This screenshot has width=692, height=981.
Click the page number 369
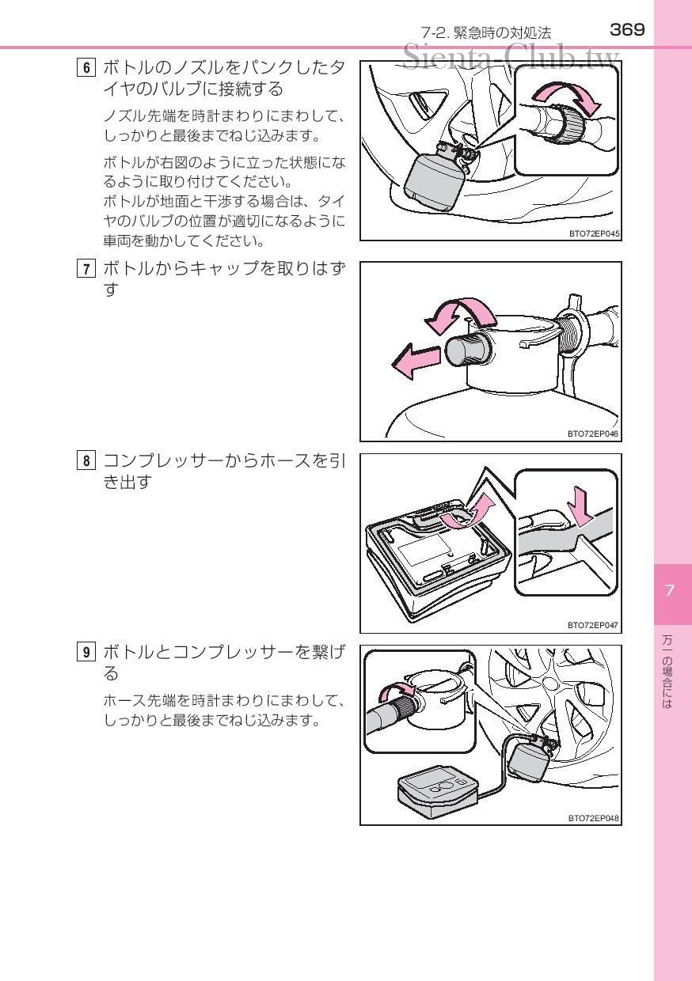click(627, 30)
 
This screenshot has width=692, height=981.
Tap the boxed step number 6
click(86, 68)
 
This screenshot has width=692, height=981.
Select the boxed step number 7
click(86, 268)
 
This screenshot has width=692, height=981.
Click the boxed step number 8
click(86, 460)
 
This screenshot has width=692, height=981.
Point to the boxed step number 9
click(86, 653)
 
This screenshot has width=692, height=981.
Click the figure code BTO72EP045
click(594, 234)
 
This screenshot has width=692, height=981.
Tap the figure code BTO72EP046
click(593, 434)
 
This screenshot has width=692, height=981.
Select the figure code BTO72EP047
click(593, 625)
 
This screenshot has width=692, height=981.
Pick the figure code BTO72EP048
click(593, 818)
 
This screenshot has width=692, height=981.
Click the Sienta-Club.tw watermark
click(511, 57)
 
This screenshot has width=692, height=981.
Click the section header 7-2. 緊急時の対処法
click(486, 33)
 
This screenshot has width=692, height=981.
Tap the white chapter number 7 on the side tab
click(669, 590)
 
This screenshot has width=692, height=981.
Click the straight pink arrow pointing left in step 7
click(416, 360)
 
